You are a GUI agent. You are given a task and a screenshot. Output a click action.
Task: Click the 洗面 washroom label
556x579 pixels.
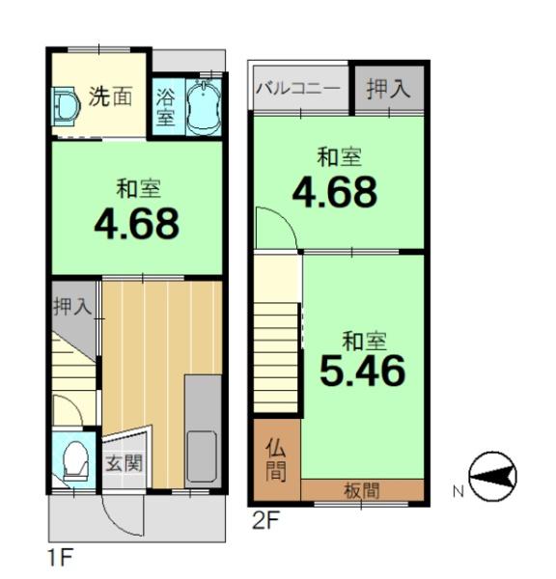110,96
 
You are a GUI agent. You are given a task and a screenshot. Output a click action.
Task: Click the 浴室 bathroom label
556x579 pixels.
165,107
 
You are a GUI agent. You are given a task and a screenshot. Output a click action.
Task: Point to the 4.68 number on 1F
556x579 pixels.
137,224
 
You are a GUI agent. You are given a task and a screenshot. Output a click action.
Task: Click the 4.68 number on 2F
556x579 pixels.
335,191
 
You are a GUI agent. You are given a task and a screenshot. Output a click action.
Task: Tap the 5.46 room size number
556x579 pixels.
362,371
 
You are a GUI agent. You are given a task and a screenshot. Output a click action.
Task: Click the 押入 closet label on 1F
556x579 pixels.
72,307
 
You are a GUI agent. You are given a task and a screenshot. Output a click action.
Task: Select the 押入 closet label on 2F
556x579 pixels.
389,89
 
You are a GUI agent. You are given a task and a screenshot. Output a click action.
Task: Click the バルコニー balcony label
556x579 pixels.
298,89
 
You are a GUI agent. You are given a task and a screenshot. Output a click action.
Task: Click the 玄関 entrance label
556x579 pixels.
125,463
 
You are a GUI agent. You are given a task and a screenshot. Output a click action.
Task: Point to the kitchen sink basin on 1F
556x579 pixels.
202,456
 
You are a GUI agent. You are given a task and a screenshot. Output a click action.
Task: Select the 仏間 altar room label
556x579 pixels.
276,459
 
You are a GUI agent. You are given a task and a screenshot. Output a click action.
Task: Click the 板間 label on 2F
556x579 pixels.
362,491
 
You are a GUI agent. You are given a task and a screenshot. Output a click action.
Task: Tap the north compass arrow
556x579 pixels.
493,476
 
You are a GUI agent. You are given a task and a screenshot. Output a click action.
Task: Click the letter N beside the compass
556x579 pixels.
459,491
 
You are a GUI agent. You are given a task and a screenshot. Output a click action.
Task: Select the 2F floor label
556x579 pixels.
265,520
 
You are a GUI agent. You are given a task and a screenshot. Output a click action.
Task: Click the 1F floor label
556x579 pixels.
61,557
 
